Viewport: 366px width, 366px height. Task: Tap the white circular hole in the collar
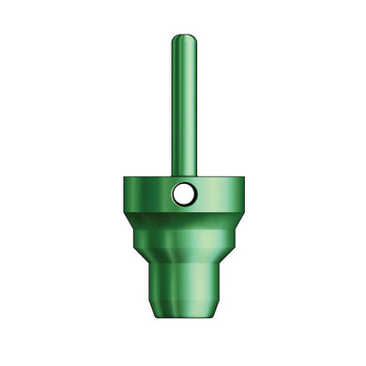[184, 194]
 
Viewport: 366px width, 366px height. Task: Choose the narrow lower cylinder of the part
[184, 286]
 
